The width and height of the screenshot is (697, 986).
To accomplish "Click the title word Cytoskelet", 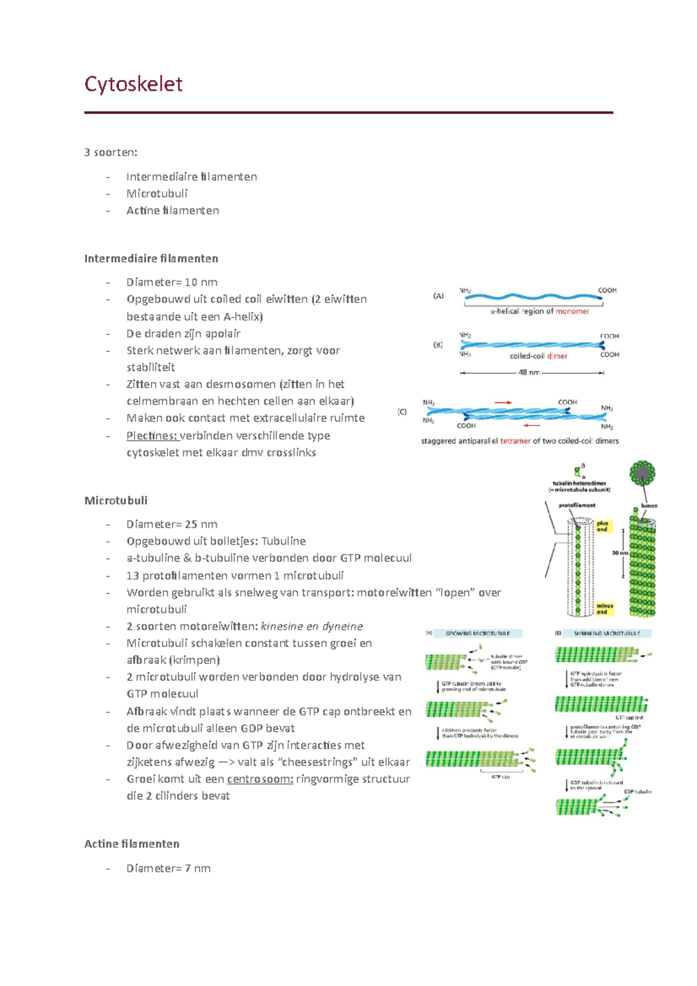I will [134, 84].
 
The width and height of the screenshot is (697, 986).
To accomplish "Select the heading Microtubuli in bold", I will [116, 501].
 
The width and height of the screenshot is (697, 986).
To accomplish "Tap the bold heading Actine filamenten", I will [132, 844].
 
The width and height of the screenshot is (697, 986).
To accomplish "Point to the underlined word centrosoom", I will [260, 779].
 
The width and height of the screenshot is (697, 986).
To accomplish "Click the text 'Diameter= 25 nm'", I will [172, 524].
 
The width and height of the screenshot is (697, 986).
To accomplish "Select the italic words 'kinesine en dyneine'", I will [312, 626].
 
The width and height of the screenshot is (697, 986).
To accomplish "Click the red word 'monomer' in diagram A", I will [572, 311].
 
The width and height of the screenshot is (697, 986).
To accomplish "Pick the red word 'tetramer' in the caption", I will [515, 441].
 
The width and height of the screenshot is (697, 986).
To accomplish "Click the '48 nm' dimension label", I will [529, 372].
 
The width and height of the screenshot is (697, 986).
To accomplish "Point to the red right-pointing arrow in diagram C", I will [503, 402].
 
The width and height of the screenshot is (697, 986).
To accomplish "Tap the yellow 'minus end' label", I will [605, 609].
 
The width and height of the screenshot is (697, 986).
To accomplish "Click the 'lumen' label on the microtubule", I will [649, 505].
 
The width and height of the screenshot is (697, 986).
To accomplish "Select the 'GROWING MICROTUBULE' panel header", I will [477, 634].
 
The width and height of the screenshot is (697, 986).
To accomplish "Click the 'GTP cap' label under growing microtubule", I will [500, 776].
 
